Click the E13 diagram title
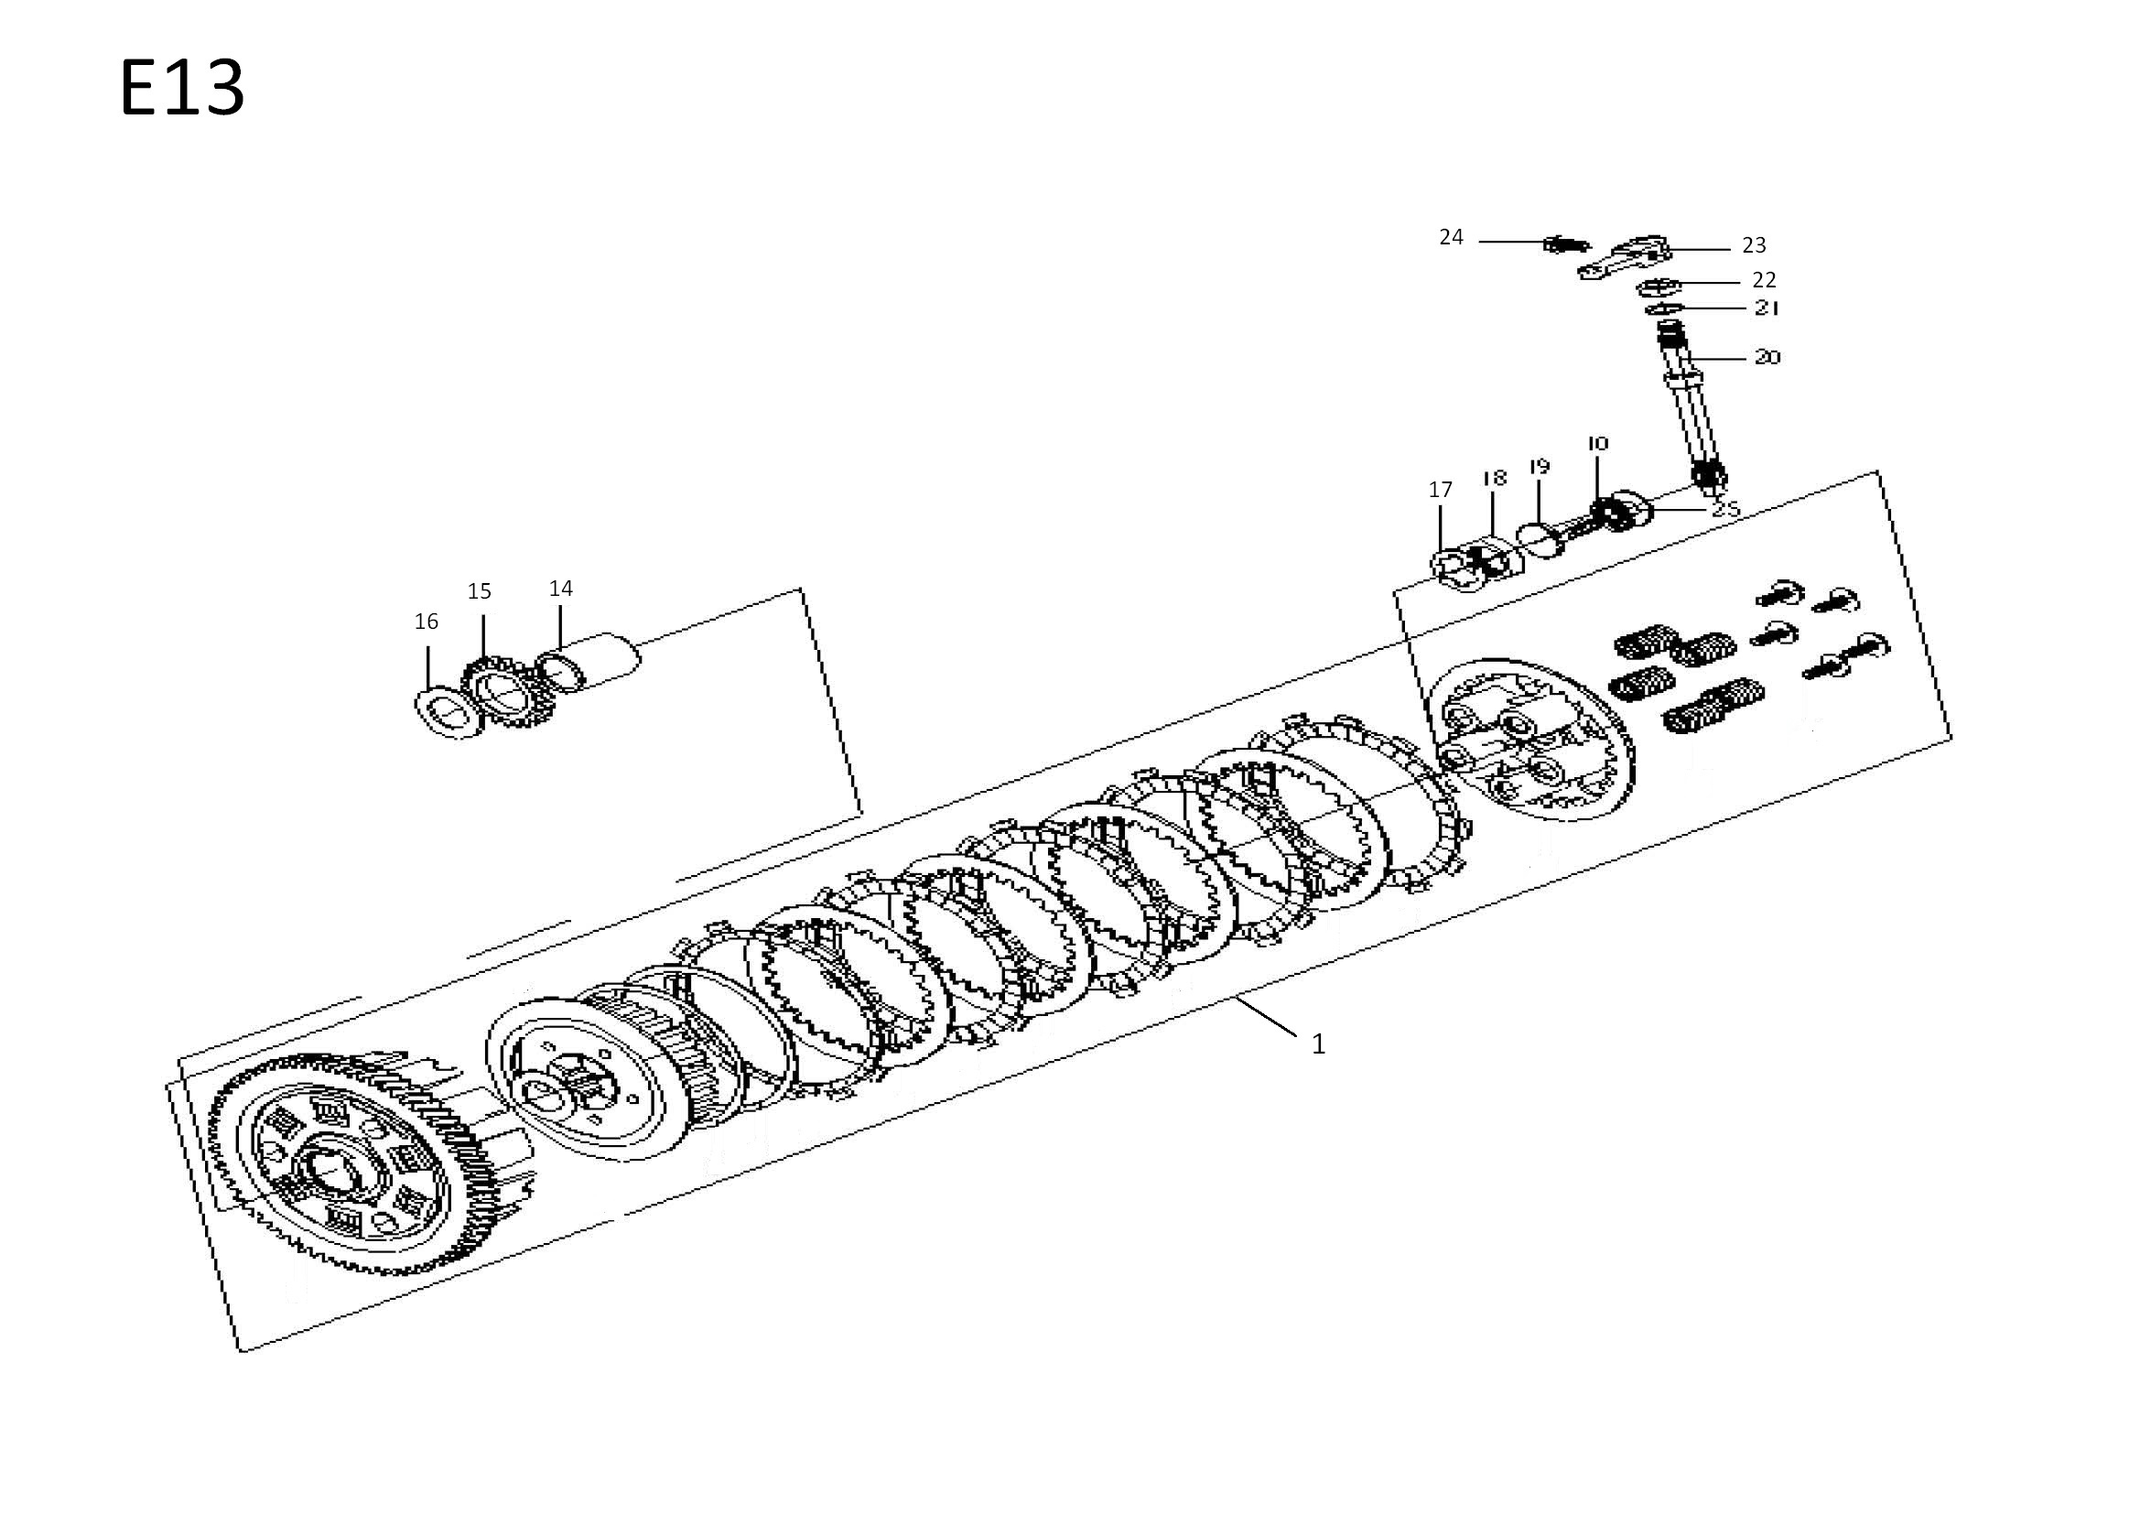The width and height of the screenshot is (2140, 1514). coord(183,88)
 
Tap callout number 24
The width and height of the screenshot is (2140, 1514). coord(1451,238)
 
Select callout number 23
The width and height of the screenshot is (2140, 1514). coord(1754,245)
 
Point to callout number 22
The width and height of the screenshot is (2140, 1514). coord(1765,280)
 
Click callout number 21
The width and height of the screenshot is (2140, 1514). coord(1767,308)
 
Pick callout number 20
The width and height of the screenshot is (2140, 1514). coord(1767,357)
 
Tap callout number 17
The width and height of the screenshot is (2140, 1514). coord(1440,490)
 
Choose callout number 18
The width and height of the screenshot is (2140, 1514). coord(1494,478)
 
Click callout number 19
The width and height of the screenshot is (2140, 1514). coord(1539,466)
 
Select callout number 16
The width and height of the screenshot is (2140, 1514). coord(426,622)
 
